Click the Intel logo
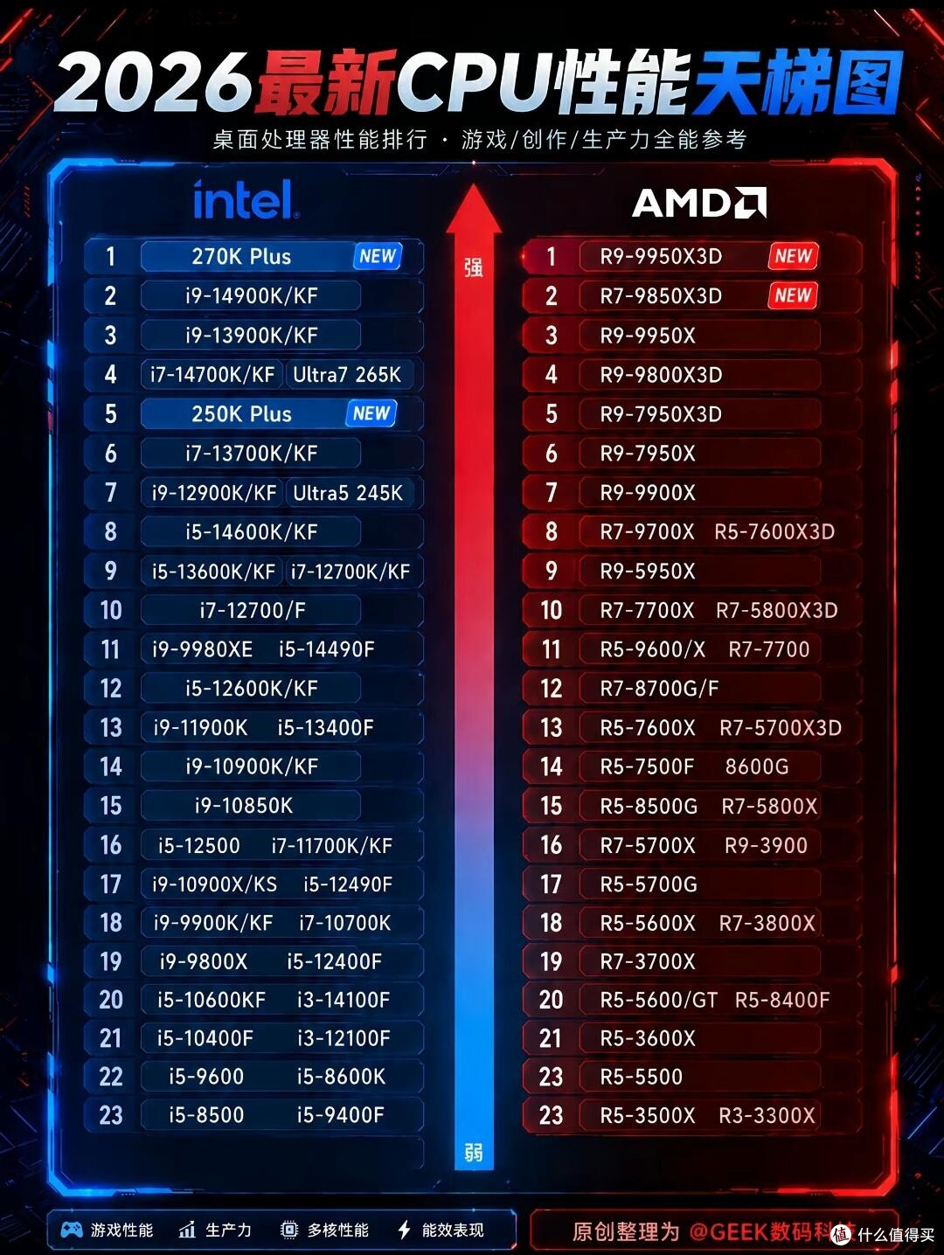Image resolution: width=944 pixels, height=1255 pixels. (246, 199)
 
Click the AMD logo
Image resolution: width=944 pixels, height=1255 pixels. (698, 203)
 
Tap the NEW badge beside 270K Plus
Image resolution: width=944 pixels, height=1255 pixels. (378, 256)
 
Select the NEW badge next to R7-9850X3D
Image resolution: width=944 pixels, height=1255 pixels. (793, 295)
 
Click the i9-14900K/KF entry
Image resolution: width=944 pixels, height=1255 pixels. (251, 296)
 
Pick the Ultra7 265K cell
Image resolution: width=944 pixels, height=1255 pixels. (347, 375)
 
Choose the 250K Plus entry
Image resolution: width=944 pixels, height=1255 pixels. (241, 414)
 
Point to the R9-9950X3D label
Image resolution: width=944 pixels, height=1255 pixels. (661, 257)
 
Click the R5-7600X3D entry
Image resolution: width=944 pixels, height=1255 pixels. (774, 531)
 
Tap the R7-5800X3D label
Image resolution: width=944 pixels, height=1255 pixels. (776, 611)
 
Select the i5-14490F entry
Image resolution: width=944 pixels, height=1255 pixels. (327, 649)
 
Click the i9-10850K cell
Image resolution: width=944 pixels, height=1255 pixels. (244, 806)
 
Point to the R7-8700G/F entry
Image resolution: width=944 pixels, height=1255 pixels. (659, 689)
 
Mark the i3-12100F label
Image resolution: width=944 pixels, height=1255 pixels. (344, 1038)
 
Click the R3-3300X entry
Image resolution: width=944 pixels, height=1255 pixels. (767, 1115)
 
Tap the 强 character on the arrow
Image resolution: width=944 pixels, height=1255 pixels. (474, 267)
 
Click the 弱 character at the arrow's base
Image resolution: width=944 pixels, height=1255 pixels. (474, 1153)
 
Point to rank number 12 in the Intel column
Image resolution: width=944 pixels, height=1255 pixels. (111, 689)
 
